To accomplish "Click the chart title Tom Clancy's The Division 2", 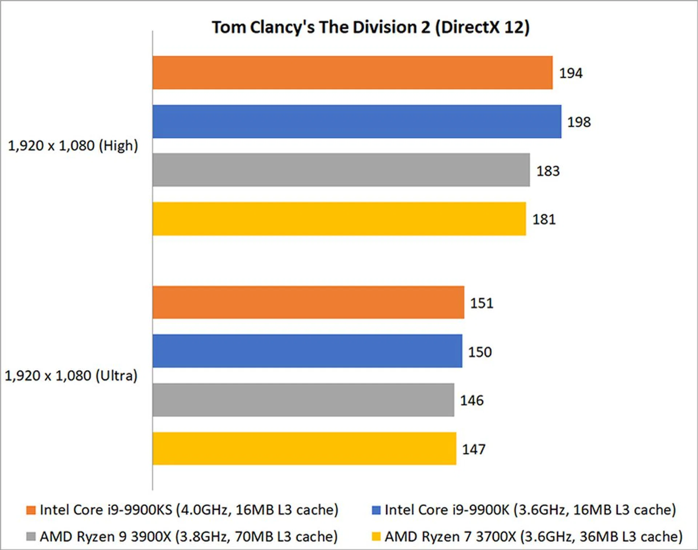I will click(x=370, y=27).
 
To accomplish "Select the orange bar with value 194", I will click(x=352, y=73).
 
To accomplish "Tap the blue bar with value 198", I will click(x=357, y=121).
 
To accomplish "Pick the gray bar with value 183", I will click(x=341, y=170).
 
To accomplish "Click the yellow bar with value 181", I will click(x=339, y=219).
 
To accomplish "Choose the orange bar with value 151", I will click(x=308, y=302).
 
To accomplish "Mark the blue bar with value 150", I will click(x=307, y=351).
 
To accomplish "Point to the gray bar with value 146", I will click(x=303, y=400).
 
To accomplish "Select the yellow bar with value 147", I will click(x=304, y=449).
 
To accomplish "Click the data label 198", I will click(x=579, y=122).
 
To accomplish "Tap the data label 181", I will click(x=544, y=219).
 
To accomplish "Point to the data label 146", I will click(x=472, y=400).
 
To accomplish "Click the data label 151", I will click(x=482, y=303).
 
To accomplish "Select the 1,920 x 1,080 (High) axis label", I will click(x=73, y=146).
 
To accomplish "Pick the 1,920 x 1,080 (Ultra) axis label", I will click(x=71, y=376).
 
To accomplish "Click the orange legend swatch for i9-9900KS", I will click(x=31, y=510).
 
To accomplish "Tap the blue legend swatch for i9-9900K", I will click(x=376, y=510).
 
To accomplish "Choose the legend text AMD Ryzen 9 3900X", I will click(x=189, y=537).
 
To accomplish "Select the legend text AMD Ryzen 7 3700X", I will click(x=534, y=537).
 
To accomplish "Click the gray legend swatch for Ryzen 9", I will click(x=31, y=537).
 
